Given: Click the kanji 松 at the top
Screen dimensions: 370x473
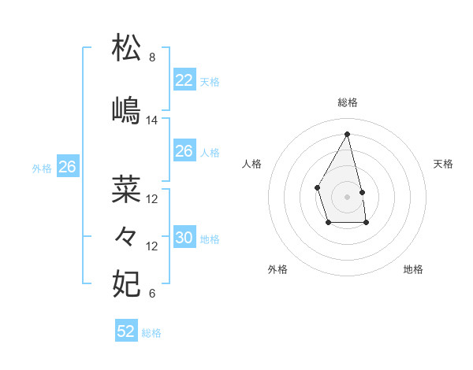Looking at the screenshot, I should click(x=127, y=48).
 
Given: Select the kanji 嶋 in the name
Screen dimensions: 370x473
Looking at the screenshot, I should click(x=127, y=109).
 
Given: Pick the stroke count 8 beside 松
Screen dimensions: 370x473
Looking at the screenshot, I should click(x=152, y=57).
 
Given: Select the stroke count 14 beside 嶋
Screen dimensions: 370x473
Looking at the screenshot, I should click(x=152, y=120).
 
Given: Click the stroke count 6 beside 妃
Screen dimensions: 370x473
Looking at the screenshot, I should click(x=152, y=294).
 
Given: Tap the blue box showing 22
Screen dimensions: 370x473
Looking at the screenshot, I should click(x=184, y=80).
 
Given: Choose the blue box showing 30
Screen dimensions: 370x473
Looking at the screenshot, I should click(x=184, y=238).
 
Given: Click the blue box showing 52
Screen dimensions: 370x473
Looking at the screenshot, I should click(x=126, y=331).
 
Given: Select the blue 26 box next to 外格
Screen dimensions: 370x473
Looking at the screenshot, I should click(x=68, y=167).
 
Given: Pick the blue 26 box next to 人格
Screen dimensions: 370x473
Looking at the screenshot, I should click(x=184, y=151).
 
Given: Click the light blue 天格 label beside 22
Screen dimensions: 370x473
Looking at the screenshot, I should click(x=210, y=82).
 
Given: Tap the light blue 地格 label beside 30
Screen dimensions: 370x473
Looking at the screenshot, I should click(x=210, y=239).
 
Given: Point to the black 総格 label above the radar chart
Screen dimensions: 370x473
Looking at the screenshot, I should click(x=347, y=102).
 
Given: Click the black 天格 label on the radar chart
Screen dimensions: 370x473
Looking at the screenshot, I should click(x=443, y=164).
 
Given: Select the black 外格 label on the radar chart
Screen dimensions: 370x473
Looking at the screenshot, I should click(x=277, y=269).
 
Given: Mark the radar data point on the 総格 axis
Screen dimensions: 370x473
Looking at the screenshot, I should click(x=347, y=133).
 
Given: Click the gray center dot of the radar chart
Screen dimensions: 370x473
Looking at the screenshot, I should click(x=347, y=196).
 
